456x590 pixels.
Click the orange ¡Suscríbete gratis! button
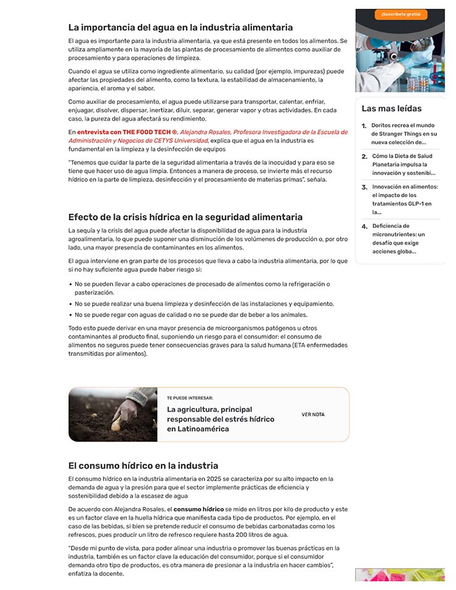click(x=400, y=14)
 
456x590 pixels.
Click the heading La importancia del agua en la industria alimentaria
click(x=181, y=27)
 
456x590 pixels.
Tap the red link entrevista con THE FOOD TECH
click(x=127, y=132)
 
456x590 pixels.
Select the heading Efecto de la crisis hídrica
click(x=185, y=217)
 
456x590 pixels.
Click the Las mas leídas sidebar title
click(x=391, y=108)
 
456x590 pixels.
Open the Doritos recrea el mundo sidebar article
click(x=404, y=134)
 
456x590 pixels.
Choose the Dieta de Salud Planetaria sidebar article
click(x=403, y=164)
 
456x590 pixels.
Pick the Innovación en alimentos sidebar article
click(x=404, y=199)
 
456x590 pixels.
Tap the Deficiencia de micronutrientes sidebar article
click(x=403, y=238)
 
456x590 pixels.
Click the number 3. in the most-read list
click(x=365, y=187)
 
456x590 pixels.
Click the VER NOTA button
click(x=313, y=414)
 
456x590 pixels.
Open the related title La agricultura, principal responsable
click(x=221, y=419)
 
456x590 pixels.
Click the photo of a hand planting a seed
click(x=113, y=414)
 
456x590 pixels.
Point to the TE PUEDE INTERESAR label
click(x=190, y=398)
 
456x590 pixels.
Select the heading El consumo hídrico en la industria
click(x=143, y=466)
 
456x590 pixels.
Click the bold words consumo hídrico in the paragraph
click(x=198, y=509)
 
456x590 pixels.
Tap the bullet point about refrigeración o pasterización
click(x=202, y=288)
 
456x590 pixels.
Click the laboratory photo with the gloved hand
click(x=400, y=59)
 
